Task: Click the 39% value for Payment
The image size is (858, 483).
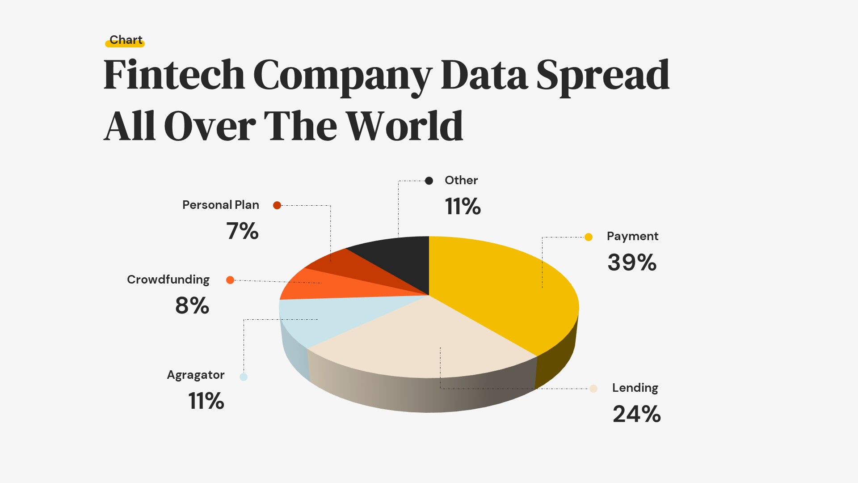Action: click(x=632, y=263)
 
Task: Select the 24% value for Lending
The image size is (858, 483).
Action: click(x=636, y=414)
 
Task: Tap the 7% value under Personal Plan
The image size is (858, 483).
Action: click(x=242, y=231)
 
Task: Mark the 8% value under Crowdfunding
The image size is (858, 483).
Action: click(x=192, y=306)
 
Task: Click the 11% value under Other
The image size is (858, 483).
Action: click(x=463, y=207)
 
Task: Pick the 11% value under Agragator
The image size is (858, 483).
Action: click(x=206, y=401)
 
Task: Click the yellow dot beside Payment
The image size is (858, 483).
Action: click(x=589, y=237)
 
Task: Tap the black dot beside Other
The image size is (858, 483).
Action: click(x=429, y=181)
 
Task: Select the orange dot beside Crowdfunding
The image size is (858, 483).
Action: click(x=230, y=280)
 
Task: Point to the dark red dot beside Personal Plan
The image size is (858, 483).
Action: click(x=277, y=205)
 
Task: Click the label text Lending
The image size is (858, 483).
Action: click(x=635, y=388)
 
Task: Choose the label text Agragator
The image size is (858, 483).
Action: click(x=196, y=375)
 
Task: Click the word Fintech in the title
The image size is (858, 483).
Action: click(x=174, y=75)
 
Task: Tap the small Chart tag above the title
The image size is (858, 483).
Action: click(x=126, y=40)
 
